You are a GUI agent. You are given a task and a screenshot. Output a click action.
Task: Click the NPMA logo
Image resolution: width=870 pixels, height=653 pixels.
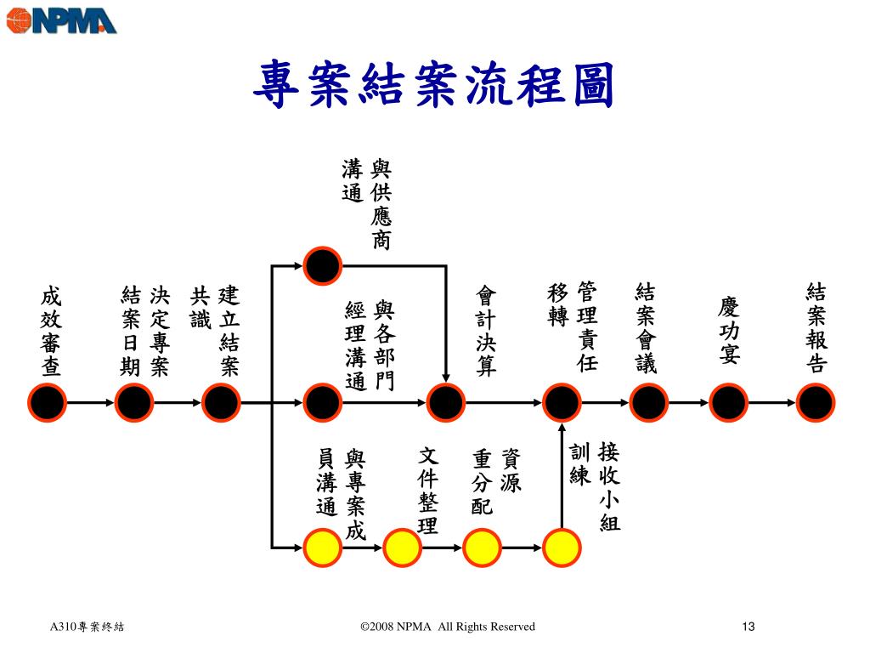point(61,20)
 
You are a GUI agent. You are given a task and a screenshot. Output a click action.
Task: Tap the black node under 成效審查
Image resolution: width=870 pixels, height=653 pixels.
point(48,401)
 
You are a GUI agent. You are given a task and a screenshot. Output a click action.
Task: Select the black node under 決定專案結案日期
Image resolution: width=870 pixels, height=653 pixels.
point(134,401)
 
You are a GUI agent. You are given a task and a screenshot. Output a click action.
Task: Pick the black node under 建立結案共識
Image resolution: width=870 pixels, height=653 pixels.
point(221,401)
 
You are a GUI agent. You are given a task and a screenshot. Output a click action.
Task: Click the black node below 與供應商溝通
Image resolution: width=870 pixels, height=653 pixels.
point(324,266)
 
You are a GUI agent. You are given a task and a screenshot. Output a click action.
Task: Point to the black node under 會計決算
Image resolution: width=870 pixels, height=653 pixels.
point(445,401)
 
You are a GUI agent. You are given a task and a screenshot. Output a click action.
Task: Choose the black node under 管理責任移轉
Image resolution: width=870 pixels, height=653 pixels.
point(562,401)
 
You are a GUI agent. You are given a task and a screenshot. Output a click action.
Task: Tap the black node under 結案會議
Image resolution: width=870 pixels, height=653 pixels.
point(648,401)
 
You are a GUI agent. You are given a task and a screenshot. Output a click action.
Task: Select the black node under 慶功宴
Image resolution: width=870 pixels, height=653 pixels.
point(729,401)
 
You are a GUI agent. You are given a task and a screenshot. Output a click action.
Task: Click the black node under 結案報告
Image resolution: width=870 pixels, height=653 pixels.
point(816,401)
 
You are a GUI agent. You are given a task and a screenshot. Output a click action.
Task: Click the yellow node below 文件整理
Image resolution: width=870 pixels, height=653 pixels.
point(403,547)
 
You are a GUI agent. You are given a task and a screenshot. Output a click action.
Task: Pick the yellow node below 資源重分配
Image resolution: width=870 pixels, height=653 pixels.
point(483,547)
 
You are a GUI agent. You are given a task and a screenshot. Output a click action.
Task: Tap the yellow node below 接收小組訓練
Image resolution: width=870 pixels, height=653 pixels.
point(562,547)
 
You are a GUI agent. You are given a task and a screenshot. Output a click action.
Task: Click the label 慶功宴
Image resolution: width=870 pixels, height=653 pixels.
point(729,331)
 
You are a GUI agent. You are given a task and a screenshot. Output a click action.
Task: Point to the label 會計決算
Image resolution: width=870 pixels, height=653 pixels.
point(487,331)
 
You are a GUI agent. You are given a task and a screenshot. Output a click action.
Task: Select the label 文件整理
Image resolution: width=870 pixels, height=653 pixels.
point(428,491)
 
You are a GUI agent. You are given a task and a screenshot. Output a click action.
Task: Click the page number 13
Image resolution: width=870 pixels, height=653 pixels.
point(748,627)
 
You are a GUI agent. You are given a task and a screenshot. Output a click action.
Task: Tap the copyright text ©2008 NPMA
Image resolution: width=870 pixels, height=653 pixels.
point(448,627)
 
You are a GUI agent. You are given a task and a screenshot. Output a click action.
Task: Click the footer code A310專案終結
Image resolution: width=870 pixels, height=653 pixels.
point(87,627)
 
